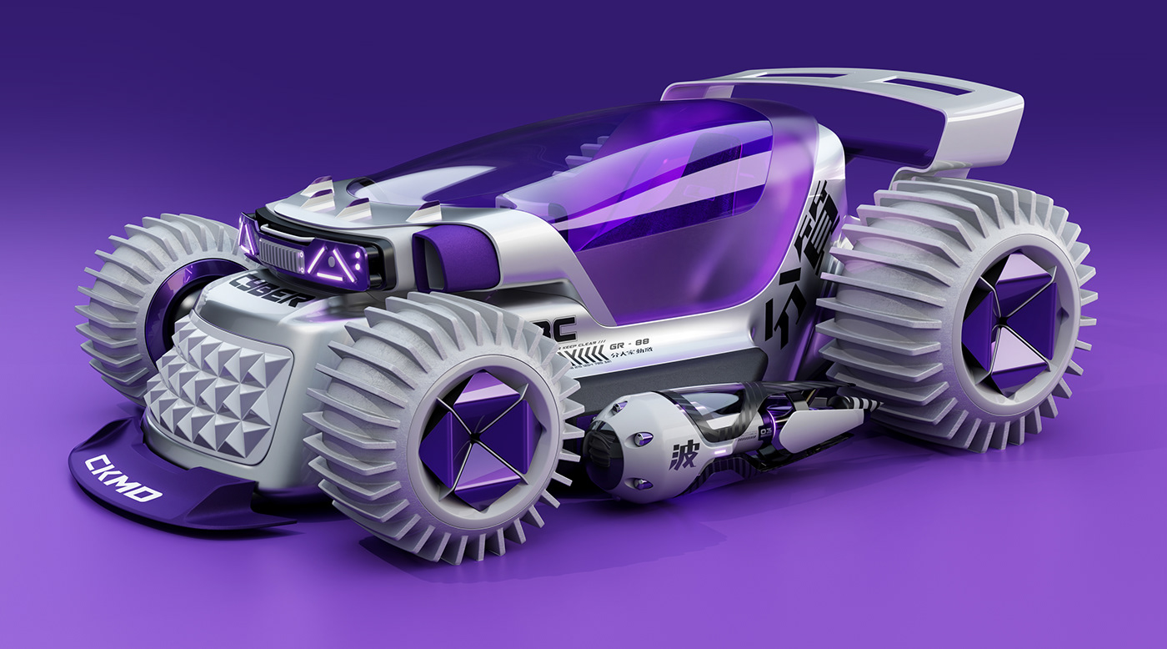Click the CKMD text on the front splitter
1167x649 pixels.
(123, 478)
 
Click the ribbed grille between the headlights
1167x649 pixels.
(282, 249)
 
